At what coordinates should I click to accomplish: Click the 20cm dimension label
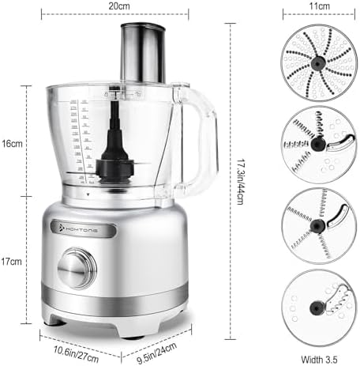click(119, 6)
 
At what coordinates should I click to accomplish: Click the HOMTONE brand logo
click(86, 228)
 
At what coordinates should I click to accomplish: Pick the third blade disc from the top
click(317, 225)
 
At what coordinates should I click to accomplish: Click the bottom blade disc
click(317, 307)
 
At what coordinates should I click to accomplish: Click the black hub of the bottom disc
click(314, 306)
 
